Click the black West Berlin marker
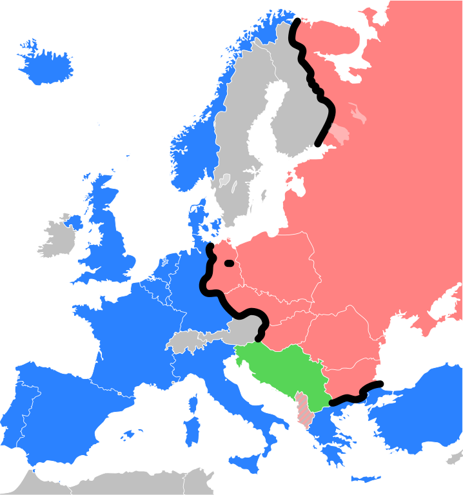[228, 263]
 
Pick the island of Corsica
[192, 402]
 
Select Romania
[342, 335]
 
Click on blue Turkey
[419, 406]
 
